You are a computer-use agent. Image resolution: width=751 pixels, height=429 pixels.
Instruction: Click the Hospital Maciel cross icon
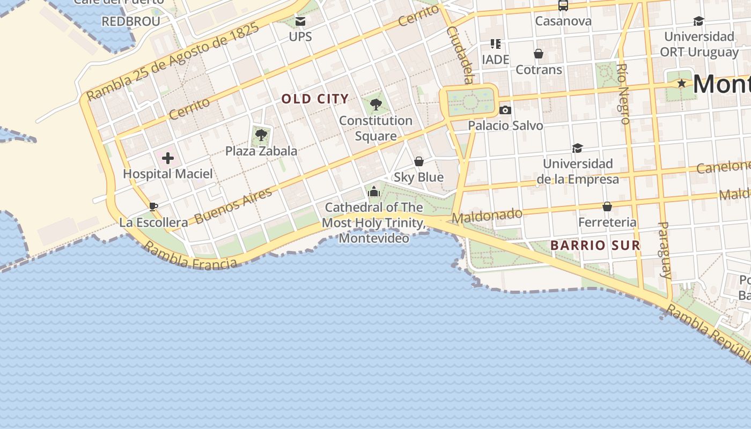click(168, 158)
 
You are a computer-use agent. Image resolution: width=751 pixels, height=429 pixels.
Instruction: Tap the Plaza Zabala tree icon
click(261, 135)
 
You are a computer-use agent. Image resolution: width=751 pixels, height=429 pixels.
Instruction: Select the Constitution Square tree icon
click(376, 104)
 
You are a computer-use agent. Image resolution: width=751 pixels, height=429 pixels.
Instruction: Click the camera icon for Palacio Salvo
click(505, 110)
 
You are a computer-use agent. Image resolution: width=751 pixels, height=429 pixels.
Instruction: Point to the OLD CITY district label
click(315, 99)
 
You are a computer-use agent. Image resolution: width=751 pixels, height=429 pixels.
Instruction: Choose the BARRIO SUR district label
click(595, 246)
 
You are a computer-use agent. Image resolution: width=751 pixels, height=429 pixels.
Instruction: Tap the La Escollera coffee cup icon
click(153, 206)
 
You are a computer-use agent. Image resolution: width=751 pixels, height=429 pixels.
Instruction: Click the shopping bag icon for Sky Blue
click(419, 161)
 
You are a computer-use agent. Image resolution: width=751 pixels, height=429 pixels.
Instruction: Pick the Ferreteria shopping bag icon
click(607, 206)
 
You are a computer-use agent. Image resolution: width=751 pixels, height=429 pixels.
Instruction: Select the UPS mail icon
click(300, 21)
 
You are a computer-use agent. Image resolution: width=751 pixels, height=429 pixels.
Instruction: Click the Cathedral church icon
click(374, 191)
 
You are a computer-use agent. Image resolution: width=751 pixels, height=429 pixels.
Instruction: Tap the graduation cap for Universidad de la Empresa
click(577, 148)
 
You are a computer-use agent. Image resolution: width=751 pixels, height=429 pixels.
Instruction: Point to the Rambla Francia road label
click(190, 256)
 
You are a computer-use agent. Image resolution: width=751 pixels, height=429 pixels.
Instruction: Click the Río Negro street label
click(623, 94)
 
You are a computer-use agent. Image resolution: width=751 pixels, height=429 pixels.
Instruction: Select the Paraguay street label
click(664, 249)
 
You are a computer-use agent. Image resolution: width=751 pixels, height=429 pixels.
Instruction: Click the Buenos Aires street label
click(233, 206)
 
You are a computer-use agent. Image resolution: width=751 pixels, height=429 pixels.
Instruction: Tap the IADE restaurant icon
click(495, 44)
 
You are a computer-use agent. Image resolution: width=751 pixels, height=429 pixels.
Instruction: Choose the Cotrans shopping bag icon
click(538, 54)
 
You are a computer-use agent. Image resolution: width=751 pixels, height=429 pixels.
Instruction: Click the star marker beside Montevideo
click(681, 84)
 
